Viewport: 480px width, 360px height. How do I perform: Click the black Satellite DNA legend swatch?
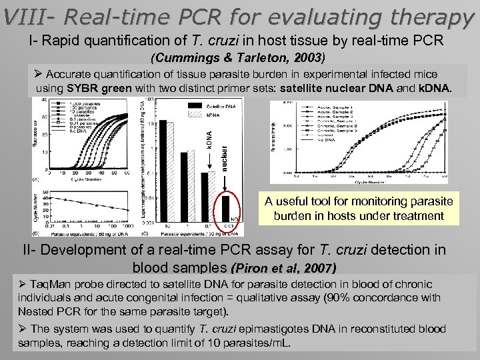tap(192, 106)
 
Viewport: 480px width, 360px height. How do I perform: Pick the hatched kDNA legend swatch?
tap(192, 115)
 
